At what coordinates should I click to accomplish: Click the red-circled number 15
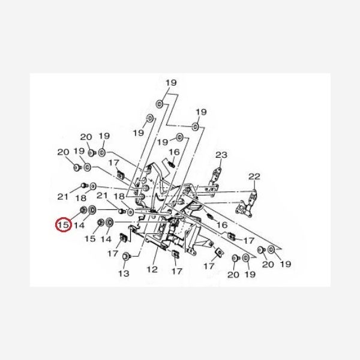[x=64, y=224]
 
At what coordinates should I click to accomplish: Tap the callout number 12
[x=152, y=269]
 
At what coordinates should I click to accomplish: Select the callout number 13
[x=124, y=273]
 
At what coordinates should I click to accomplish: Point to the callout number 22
[x=254, y=176]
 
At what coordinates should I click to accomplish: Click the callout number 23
[x=221, y=155]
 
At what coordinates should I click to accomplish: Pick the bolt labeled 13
[x=127, y=256]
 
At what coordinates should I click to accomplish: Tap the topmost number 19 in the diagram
[x=171, y=82]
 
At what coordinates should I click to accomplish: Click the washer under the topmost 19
[x=160, y=104]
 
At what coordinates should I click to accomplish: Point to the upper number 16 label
[x=174, y=152]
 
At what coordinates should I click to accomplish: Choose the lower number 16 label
[x=222, y=225]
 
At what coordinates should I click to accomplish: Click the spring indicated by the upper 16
[x=172, y=164]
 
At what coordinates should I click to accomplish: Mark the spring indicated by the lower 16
[x=209, y=216]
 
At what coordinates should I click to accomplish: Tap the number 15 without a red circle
[x=90, y=238]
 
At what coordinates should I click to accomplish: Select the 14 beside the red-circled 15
[x=79, y=225]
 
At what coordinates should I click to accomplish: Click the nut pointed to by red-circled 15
[x=83, y=209]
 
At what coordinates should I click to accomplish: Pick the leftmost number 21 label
[x=62, y=197]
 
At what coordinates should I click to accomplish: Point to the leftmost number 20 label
[x=63, y=152]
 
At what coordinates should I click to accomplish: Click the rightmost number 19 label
[x=286, y=264]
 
